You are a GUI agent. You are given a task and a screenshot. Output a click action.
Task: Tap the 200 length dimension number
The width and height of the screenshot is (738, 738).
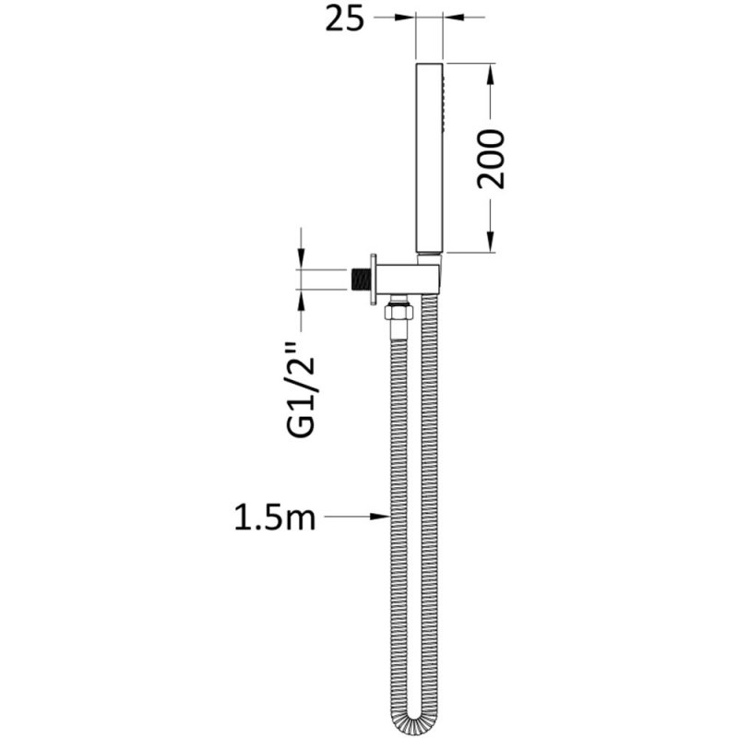point(491,159)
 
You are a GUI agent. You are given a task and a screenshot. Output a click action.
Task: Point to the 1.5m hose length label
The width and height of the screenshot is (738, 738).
point(273,518)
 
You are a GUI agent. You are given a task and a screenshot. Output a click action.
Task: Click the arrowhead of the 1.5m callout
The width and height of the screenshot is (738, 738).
point(380,518)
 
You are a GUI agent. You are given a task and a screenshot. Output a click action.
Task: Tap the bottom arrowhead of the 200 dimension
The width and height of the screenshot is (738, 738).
point(490,244)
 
